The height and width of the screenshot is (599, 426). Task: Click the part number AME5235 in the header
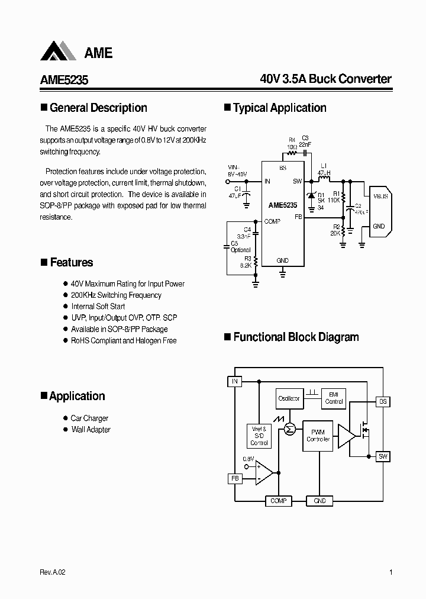[64, 79]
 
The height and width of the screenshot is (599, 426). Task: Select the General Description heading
[98, 108]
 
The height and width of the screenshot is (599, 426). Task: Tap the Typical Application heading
[279, 108]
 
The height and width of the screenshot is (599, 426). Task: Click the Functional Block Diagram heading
[296, 337]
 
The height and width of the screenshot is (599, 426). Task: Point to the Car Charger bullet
[89, 418]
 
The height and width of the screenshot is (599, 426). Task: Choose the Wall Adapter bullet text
[91, 429]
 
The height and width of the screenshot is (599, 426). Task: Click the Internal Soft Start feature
[98, 306]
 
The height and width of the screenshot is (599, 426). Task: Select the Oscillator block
[289, 398]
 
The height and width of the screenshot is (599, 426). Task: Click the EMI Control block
[334, 398]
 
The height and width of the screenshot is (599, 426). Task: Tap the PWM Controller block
[318, 436]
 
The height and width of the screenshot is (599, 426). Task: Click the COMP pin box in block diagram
[278, 501]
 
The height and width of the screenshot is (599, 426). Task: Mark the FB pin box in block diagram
[235, 478]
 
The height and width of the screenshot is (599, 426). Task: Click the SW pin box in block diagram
[383, 456]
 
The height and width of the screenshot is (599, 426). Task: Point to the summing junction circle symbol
[289, 429]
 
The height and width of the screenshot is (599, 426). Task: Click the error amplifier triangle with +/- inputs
[264, 472]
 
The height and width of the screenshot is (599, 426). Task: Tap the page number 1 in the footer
[391, 572]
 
